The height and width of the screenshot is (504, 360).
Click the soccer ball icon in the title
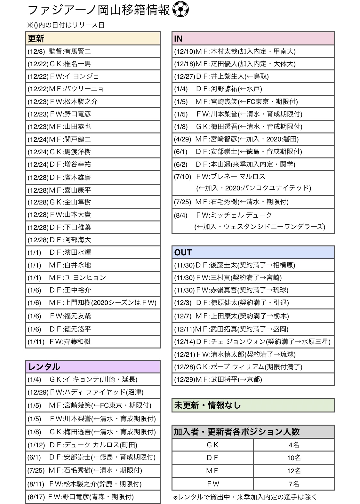[x=180, y=10]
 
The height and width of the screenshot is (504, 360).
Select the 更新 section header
[x=92, y=39]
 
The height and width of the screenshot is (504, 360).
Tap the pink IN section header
[x=253, y=39]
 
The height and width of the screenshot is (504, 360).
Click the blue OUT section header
[x=253, y=252]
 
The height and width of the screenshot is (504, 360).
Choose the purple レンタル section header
[x=92, y=367]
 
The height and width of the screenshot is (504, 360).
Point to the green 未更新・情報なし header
[x=253, y=405]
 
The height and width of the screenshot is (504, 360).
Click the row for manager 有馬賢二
[x=92, y=51]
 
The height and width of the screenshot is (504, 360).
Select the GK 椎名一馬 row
[x=92, y=64]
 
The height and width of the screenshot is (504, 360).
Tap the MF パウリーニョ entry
[x=92, y=89]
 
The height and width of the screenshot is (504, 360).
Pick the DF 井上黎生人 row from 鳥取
[x=253, y=76]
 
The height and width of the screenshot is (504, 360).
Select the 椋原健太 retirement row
[x=253, y=303]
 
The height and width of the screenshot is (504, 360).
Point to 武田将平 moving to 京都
[x=253, y=380]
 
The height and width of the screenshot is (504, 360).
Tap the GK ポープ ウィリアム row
[x=253, y=367]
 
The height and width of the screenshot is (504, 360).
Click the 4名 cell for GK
[x=293, y=445]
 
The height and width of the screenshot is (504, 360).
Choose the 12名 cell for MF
[x=293, y=471]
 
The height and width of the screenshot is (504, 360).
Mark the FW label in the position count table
[x=213, y=484]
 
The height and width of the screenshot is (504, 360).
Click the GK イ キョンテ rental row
[x=92, y=380]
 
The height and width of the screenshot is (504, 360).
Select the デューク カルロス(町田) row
[x=92, y=445]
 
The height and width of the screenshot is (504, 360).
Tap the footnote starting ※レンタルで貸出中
[x=245, y=497]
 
